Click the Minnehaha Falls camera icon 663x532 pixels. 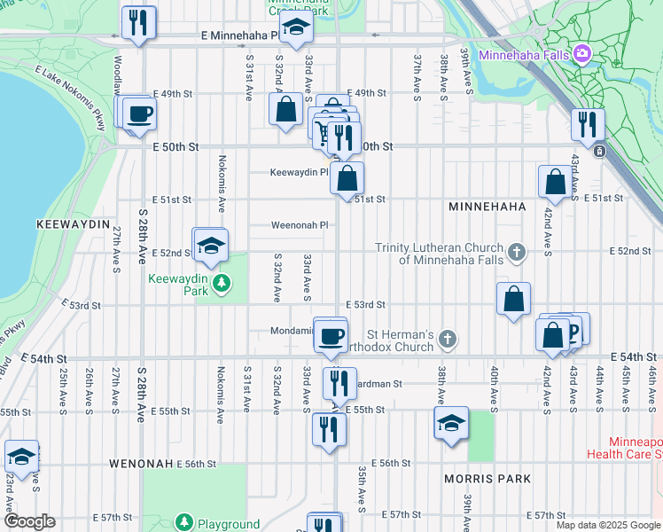coord(581,54)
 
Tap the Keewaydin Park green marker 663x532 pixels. coord(222,285)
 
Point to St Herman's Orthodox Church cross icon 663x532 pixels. coord(449,339)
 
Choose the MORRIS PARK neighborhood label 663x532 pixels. coord(487,479)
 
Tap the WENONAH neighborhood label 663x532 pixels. coord(140,464)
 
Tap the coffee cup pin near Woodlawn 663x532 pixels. coord(140,113)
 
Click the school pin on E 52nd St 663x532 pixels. coord(211,246)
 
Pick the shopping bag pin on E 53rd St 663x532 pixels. coord(514,300)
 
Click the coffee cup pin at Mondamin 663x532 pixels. coord(331,336)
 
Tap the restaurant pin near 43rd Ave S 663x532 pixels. coord(587,124)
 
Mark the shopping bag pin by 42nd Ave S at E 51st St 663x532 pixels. coord(555,181)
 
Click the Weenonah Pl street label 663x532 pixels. coord(300,225)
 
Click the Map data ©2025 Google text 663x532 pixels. coord(608,525)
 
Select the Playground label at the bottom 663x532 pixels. coord(230,524)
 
